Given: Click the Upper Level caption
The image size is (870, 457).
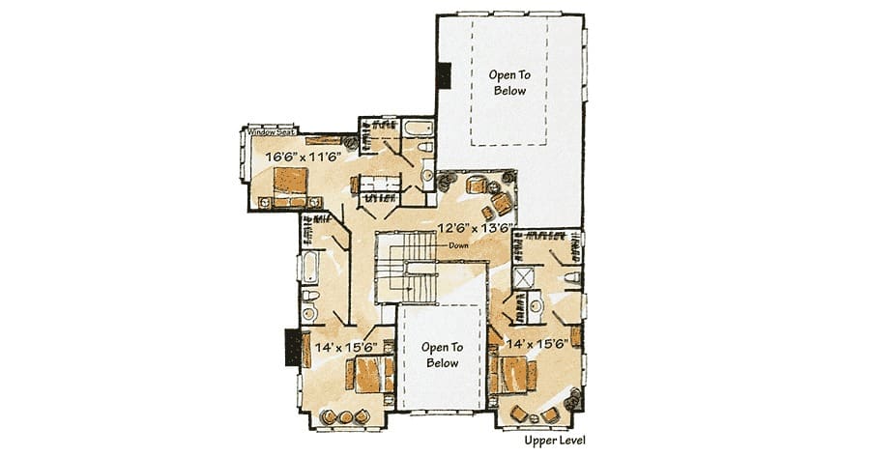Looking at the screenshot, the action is tap(555, 441).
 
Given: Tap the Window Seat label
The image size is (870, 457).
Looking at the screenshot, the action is tap(271, 132).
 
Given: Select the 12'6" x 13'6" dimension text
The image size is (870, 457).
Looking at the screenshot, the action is tap(475, 227).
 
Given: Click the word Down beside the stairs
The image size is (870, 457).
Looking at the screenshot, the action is tap(458, 245).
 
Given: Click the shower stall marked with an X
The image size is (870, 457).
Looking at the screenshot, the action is tap(523, 277).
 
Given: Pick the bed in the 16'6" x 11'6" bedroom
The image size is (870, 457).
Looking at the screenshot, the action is tap(290, 187).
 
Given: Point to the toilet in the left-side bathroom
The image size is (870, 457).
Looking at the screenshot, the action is tap(309, 295).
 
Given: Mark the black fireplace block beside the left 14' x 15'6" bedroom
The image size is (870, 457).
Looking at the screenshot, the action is tap(293, 347).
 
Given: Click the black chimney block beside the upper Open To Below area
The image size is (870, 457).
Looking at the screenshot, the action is tap(444, 74).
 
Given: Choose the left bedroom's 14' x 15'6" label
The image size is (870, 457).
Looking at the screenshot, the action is tap(346, 347).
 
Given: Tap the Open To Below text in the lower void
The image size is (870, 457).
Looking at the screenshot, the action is tap(442, 355).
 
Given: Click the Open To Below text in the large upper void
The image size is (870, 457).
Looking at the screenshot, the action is tap(509, 82).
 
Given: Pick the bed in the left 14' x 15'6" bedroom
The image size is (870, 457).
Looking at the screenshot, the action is tap(370, 374).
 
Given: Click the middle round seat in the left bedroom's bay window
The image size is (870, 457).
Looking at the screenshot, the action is tap(345, 416).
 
